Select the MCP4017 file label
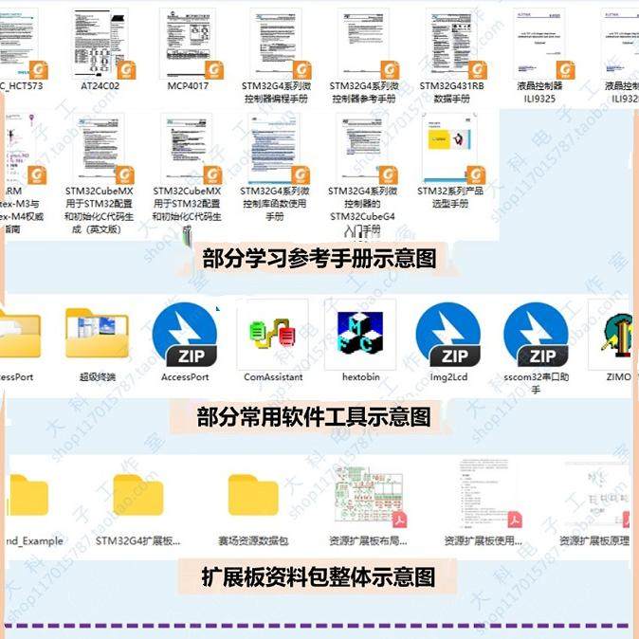pos(188,85)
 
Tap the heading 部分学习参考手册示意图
pos(319,258)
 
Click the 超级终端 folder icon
pos(97,334)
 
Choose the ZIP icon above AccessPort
pos(184,334)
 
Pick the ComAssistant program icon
pos(272,334)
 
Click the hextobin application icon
pos(361,334)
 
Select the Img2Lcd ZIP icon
pos(447,334)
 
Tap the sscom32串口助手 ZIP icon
pos(536,334)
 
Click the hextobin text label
pos(361,376)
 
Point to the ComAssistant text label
pos(273,376)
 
